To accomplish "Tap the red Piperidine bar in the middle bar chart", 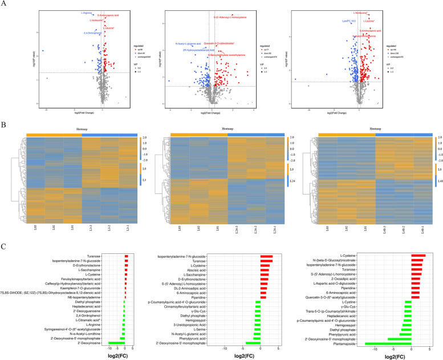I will (263, 297).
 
